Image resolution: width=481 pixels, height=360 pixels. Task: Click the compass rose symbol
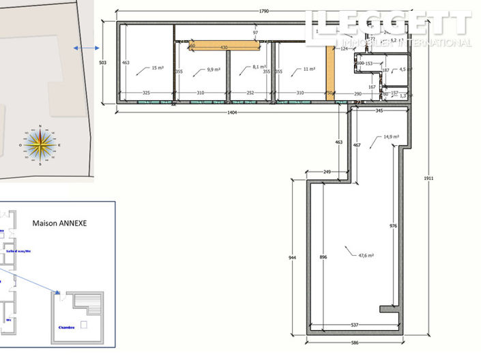pyautogui.click(x=41, y=145)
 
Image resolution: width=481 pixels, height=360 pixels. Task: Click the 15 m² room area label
pyautogui.click(x=158, y=68)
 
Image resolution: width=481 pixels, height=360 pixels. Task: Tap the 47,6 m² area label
pyautogui.click(x=366, y=256)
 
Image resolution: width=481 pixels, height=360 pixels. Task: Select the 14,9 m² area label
pyautogui.click(x=391, y=137)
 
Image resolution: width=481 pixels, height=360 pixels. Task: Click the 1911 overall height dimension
pyautogui.click(x=428, y=178)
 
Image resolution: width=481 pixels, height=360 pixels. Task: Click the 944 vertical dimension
pyautogui.click(x=292, y=258)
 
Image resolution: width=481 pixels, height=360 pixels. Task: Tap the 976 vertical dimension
pyautogui.click(x=393, y=226)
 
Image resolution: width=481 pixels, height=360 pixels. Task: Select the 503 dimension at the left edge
pyautogui.click(x=103, y=62)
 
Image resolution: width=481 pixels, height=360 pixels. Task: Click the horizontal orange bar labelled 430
pyautogui.click(x=224, y=46)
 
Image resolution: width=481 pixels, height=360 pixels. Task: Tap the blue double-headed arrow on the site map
pyautogui.click(x=87, y=48)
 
